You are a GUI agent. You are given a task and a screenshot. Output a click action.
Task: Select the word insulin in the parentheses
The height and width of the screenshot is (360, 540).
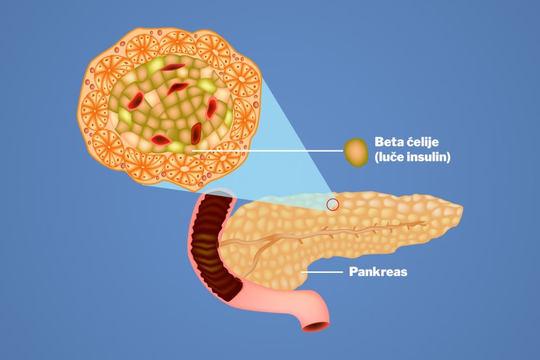coord(428,157)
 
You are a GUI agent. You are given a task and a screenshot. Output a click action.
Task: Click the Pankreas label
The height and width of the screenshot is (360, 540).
coord(377,272)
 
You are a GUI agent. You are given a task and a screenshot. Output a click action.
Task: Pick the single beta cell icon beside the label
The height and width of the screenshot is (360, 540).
coord(356,152)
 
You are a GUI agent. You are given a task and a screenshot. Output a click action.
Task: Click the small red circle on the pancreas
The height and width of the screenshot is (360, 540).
coord(333,204)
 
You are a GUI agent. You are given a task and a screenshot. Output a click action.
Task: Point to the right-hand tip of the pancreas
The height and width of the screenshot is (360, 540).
coord(459,210)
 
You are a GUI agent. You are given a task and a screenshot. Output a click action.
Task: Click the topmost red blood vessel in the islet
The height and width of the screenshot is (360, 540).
coord(173,66)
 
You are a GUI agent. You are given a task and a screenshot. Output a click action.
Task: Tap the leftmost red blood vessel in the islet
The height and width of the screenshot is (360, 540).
coord(135,100)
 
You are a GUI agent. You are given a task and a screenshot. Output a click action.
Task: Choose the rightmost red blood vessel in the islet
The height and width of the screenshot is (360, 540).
coord(212,107)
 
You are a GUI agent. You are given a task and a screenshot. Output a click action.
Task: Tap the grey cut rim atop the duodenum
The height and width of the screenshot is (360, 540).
coord(219,193)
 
